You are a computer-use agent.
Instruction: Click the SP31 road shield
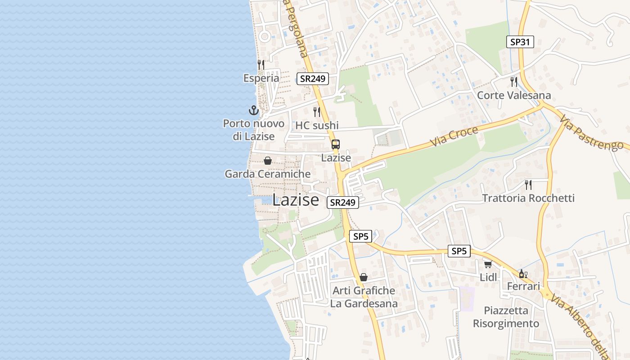tap(520, 42)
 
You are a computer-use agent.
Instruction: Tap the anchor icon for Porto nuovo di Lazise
tap(254, 110)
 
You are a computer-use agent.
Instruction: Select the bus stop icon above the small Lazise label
tap(336, 144)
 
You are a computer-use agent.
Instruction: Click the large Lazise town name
tap(296, 200)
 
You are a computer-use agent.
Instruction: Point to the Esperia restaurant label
tap(261, 78)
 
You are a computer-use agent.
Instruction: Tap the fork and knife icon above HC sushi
tap(317, 112)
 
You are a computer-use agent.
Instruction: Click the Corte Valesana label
tap(513, 95)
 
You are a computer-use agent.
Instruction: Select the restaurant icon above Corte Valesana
tap(513, 81)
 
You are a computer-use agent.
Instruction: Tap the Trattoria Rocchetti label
tap(528, 198)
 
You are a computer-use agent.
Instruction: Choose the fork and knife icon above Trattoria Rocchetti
tap(528, 184)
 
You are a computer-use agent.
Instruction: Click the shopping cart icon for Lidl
tap(488, 264)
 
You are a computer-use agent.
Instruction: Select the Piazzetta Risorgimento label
tap(506, 317)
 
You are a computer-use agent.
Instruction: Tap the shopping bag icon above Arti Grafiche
tap(364, 277)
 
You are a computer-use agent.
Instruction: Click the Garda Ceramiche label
tap(267, 174)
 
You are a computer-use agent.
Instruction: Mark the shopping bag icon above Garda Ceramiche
tap(268, 161)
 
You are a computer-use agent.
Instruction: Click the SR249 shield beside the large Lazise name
tap(343, 202)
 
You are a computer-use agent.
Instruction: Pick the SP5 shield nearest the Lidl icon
tap(459, 251)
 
